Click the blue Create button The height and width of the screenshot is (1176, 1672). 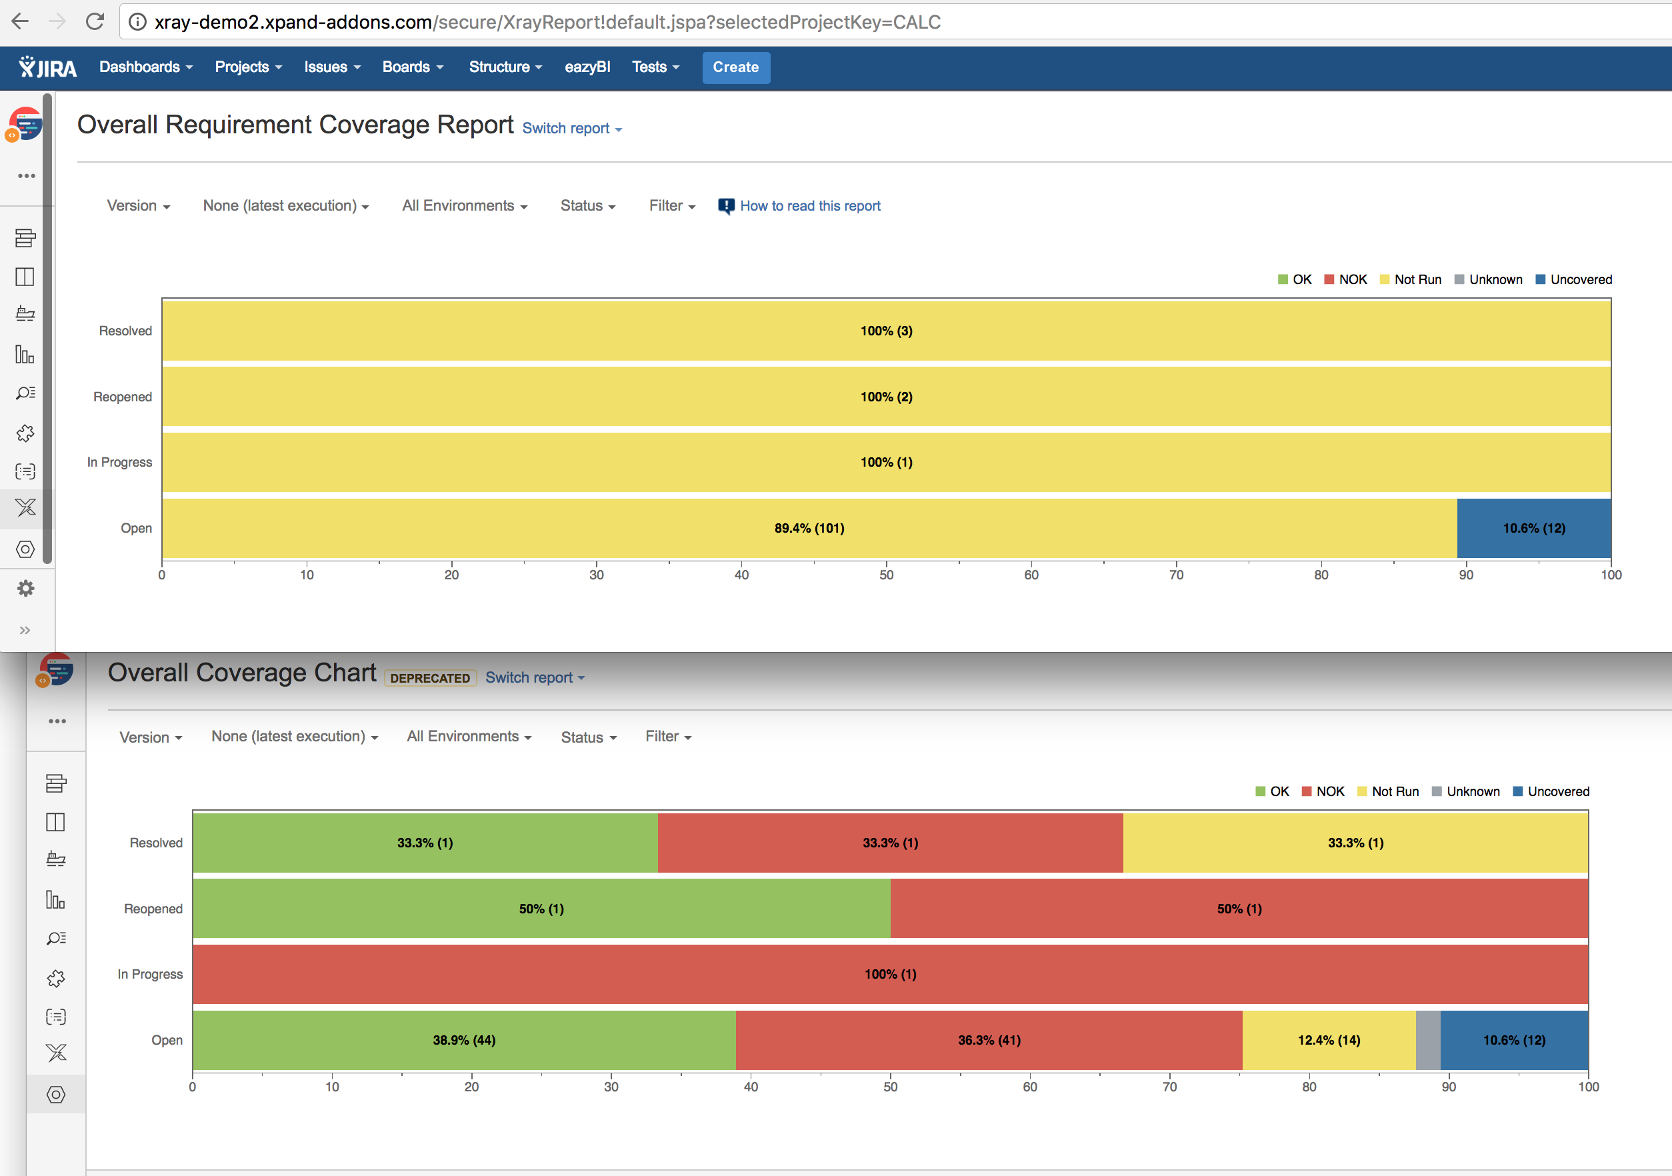[735, 67]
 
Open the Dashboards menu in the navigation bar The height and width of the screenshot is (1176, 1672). [145, 67]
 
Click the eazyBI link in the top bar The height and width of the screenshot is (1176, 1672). [587, 67]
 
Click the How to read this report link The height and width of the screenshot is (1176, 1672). [809, 206]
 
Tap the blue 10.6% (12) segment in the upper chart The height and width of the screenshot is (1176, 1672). [1533, 528]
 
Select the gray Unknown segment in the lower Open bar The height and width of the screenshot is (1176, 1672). [1427, 1040]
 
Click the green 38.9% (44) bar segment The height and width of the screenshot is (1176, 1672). [464, 1040]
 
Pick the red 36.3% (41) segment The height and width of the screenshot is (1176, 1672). [988, 1040]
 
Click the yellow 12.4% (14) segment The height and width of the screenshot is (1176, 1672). [1328, 1040]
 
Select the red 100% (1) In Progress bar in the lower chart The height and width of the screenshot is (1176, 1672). [890, 974]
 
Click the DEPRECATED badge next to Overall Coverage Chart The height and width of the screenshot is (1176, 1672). [429, 678]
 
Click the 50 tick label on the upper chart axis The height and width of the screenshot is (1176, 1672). [885, 575]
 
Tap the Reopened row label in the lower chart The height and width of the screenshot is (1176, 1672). [153, 909]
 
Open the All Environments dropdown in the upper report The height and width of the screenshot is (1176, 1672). [464, 206]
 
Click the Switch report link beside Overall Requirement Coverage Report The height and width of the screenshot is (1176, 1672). [571, 129]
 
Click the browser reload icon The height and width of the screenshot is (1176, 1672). [95, 22]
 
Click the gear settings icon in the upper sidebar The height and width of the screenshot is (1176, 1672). [25, 589]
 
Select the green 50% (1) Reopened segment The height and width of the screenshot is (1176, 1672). [541, 909]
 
